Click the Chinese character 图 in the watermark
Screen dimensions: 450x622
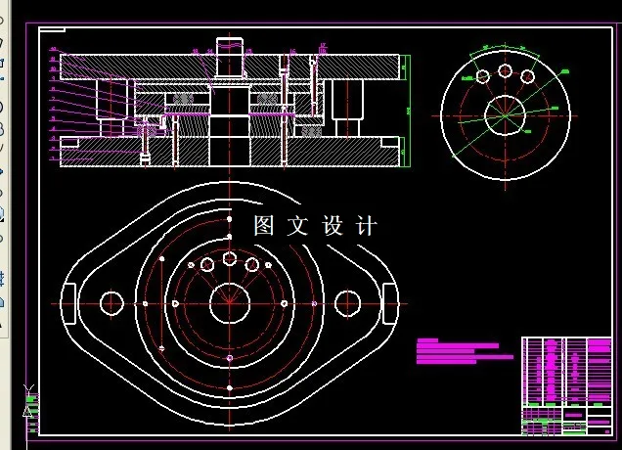263,226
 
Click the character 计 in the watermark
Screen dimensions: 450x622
367,226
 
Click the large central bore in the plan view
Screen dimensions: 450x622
229,303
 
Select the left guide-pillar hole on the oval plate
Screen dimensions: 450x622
111,303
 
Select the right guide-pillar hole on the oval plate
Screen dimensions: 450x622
347,303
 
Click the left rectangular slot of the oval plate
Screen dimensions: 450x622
69,303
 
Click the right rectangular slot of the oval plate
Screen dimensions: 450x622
390,303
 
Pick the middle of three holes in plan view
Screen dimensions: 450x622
229,258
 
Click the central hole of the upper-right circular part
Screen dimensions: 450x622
505,111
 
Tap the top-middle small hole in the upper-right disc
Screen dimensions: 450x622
505,70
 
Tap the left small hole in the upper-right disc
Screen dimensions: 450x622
482,76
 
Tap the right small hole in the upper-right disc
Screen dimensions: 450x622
527,76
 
